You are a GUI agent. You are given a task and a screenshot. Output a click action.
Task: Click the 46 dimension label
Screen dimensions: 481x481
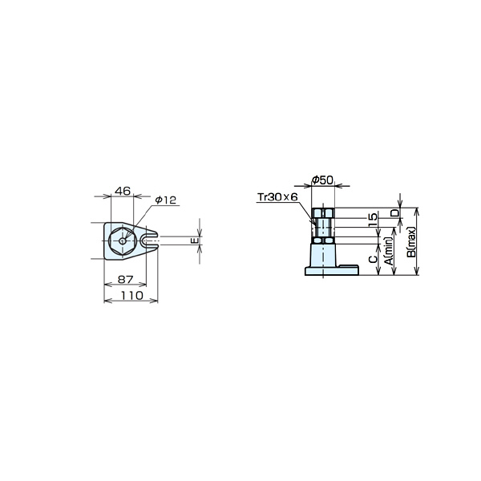(x=123, y=191)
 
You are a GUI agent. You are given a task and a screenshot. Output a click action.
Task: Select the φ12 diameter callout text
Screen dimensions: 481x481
(x=166, y=200)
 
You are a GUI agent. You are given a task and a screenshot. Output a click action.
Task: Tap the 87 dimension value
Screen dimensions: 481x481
(x=126, y=279)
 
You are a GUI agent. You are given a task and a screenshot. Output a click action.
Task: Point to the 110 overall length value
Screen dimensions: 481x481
(x=132, y=295)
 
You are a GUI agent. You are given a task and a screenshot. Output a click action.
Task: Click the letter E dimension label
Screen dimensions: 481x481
(x=195, y=240)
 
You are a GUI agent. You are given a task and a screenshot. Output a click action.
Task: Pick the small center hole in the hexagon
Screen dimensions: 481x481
(x=123, y=241)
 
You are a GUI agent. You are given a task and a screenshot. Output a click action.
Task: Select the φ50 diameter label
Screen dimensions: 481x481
(x=322, y=180)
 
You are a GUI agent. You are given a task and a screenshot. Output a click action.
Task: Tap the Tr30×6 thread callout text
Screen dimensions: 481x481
(x=277, y=197)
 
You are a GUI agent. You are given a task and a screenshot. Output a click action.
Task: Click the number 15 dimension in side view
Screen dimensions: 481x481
(x=373, y=220)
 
